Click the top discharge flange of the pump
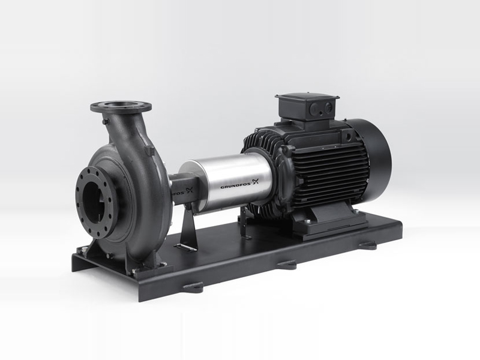[121, 107]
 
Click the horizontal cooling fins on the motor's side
[336, 174]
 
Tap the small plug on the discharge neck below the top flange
[106, 122]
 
